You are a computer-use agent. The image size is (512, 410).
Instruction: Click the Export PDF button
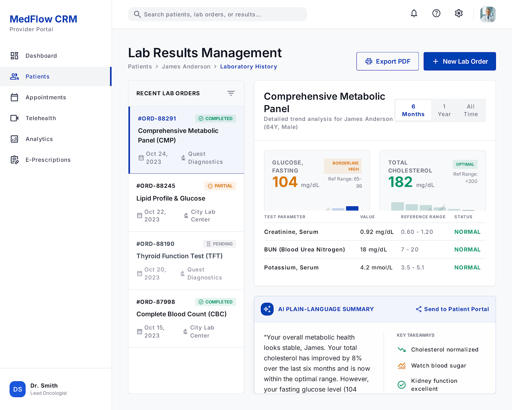(387, 61)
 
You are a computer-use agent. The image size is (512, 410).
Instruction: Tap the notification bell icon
(414, 13)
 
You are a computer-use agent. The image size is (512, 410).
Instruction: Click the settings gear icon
(459, 13)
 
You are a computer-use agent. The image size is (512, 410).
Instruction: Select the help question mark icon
(436, 13)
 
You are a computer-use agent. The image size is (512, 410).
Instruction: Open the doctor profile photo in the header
(488, 14)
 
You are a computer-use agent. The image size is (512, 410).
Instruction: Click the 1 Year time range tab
(444, 110)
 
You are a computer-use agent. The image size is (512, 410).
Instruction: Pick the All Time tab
(471, 110)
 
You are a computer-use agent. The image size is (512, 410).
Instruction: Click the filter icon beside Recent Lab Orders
(231, 93)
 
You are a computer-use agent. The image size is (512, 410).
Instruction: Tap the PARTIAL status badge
(220, 186)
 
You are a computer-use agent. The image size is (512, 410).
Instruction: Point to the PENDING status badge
(220, 244)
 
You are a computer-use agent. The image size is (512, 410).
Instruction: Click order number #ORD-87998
(156, 302)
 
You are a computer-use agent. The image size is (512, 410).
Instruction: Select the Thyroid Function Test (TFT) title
(180, 256)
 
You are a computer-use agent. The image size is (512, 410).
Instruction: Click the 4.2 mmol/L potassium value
(376, 267)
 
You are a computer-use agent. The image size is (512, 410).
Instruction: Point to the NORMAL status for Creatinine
(467, 232)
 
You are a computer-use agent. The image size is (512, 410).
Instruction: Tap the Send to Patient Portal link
(452, 309)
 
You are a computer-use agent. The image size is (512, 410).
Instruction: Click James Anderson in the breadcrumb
(186, 67)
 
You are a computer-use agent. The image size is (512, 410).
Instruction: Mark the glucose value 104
(285, 182)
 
